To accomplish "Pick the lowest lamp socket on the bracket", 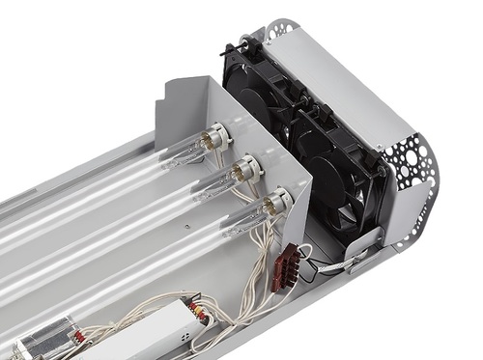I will tap(277, 202).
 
